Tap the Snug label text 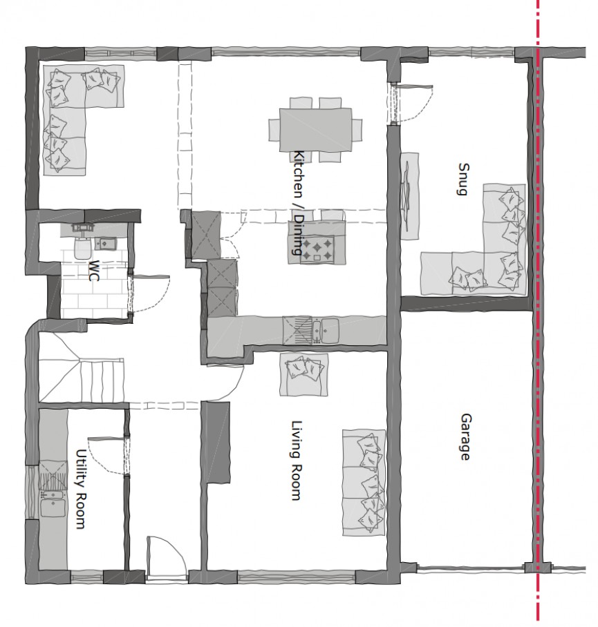pyautogui.click(x=462, y=180)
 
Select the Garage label pyautogui.click(x=465, y=437)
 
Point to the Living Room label pyautogui.click(x=296, y=461)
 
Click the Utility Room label pyautogui.click(x=80, y=490)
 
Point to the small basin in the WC pyautogui.click(x=106, y=243)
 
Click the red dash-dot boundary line pyautogui.click(x=537, y=345)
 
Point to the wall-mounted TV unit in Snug pyautogui.click(x=409, y=195)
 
